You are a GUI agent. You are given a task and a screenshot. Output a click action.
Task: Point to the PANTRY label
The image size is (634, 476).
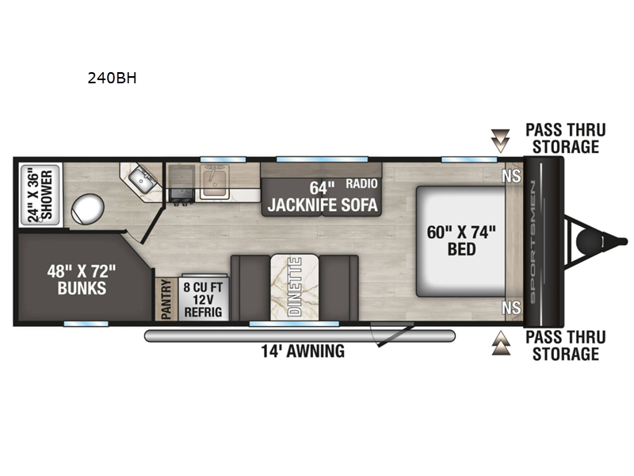[x=166, y=300]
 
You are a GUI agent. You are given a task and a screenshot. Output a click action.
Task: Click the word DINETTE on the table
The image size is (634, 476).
[x=294, y=286]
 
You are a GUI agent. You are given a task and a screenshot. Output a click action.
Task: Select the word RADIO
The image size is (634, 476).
[x=361, y=184]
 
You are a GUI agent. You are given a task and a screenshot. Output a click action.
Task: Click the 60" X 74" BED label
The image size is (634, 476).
[x=461, y=240]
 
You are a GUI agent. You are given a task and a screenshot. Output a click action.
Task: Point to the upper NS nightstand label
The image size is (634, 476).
[x=511, y=176]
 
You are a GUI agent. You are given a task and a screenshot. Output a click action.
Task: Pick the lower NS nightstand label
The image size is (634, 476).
[x=511, y=305]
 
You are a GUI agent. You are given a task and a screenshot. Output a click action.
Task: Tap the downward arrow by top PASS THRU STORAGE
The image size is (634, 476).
[x=499, y=141]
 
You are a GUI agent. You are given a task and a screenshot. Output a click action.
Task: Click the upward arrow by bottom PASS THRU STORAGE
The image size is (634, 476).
[x=499, y=344]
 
